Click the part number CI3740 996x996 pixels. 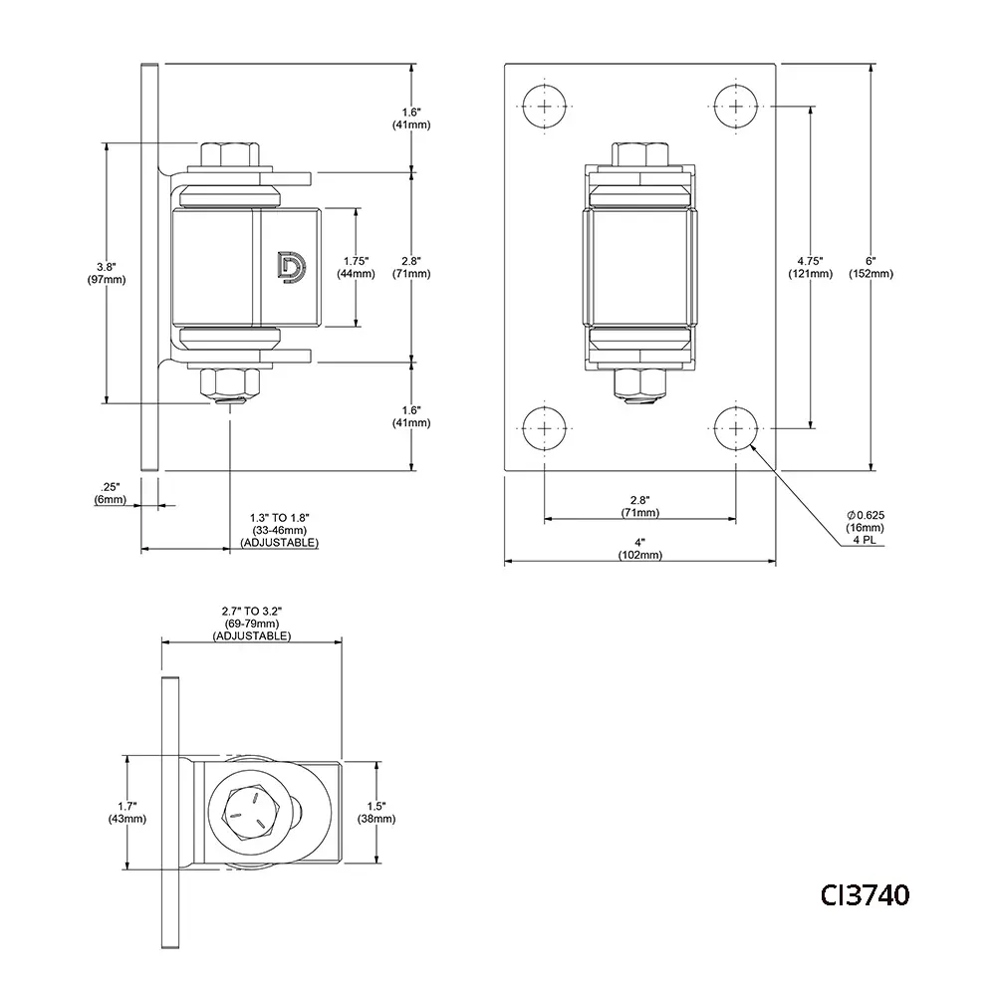864,895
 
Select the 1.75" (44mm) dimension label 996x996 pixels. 355,267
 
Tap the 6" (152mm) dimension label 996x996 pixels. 871,267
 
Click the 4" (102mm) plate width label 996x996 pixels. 640,549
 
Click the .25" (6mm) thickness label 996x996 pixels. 112,493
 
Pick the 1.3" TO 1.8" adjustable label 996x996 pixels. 280,530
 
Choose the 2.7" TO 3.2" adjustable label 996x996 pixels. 252,622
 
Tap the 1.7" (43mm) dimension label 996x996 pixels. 127,812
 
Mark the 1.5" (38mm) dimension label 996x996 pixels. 376,812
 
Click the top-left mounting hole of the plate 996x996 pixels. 545,105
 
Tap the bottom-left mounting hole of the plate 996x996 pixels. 545,428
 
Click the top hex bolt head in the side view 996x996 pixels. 230,154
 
